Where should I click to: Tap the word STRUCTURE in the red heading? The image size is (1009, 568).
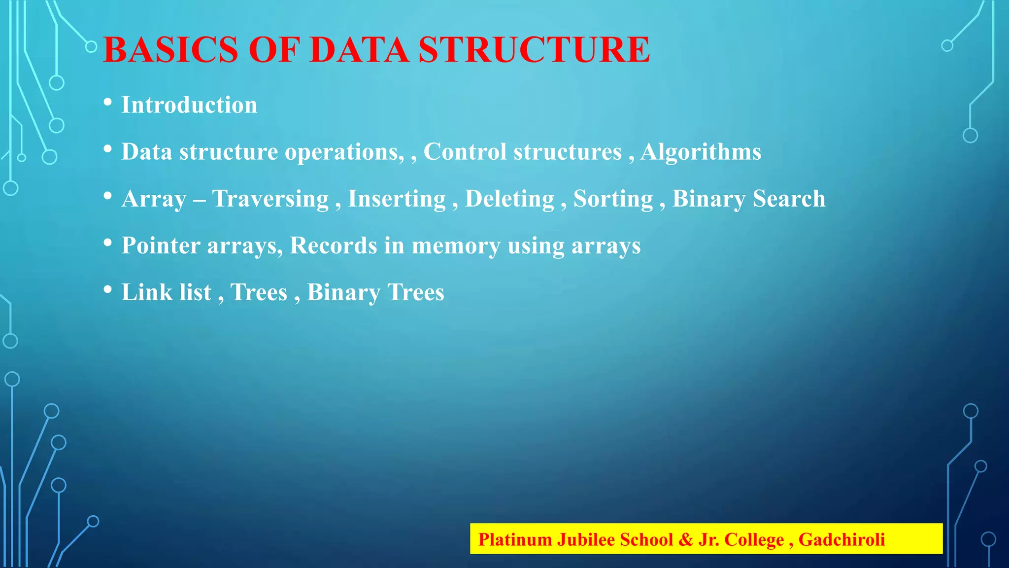pyautogui.click(x=534, y=50)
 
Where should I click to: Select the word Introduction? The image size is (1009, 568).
pyautogui.click(x=189, y=105)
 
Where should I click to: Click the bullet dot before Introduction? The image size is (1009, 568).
pyautogui.click(x=108, y=103)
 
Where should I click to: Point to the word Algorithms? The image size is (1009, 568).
pyautogui.click(x=701, y=152)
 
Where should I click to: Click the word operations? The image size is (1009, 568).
pyautogui.click(x=344, y=152)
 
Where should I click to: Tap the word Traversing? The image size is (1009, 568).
pyautogui.click(x=270, y=199)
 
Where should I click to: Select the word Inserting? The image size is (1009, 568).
pyautogui.click(x=397, y=199)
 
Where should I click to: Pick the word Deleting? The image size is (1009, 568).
pyautogui.click(x=509, y=199)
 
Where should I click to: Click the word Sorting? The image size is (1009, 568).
pyautogui.click(x=613, y=199)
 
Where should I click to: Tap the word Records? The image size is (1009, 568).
pyautogui.click(x=334, y=245)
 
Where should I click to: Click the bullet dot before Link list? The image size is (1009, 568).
pyautogui.click(x=108, y=290)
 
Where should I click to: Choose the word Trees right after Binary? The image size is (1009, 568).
pyautogui.click(x=416, y=292)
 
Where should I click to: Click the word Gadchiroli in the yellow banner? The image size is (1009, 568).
pyautogui.click(x=841, y=539)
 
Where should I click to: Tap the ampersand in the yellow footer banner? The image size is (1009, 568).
pyautogui.click(x=685, y=539)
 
